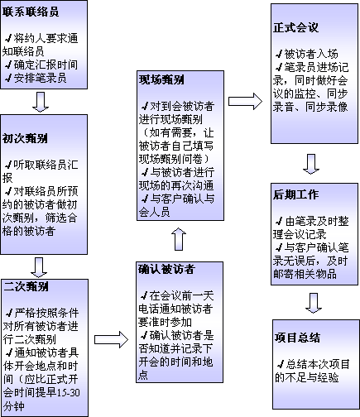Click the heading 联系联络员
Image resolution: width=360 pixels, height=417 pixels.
(x=31, y=12)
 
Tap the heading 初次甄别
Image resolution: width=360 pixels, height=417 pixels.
(x=25, y=138)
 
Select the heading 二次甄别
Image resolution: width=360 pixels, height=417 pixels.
(x=26, y=286)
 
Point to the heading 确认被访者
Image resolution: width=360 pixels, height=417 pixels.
(x=166, y=269)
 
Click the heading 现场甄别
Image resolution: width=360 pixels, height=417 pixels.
(x=161, y=79)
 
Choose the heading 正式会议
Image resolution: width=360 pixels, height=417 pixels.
(x=295, y=27)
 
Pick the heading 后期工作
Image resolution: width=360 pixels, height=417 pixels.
(x=295, y=194)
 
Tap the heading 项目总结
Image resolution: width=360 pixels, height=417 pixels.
(x=297, y=338)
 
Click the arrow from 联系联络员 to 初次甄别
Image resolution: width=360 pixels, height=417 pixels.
(x=41, y=102)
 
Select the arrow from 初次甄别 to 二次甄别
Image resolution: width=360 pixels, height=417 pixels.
(x=39, y=267)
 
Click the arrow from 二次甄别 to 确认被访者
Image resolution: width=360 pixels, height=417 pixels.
(x=112, y=339)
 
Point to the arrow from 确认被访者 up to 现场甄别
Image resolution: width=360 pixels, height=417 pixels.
(x=179, y=239)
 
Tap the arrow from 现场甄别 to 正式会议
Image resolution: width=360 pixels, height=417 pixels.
(x=245, y=101)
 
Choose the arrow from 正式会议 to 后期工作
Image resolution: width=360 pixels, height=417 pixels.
(x=311, y=164)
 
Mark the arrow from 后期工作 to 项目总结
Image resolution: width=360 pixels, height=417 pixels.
(x=314, y=303)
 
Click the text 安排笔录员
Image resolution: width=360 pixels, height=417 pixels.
(x=41, y=79)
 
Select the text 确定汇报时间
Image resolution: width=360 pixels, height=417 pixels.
(x=46, y=65)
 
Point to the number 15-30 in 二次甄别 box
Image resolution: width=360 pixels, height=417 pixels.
(x=69, y=392)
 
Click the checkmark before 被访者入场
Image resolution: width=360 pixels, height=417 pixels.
(x=279, y=54)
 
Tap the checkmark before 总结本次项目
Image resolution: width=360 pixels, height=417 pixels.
(x=281, y=364)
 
